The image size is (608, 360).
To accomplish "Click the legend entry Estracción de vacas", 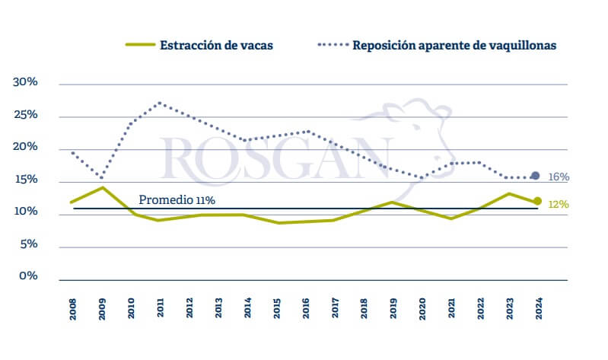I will tap(216, 45).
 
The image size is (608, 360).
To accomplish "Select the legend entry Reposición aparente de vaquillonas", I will tap(454, 45).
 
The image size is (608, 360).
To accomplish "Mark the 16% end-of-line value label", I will tap(559, 177).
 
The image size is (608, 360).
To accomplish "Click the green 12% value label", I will tap(559, 204).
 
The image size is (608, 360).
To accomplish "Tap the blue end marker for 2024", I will tap(536, 176).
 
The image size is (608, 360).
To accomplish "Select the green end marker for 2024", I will tap(537, 201).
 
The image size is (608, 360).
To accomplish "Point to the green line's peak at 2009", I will tap(102, 187).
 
